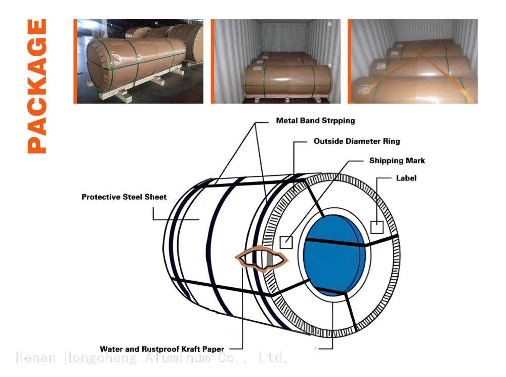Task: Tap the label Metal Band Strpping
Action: coord(315,121)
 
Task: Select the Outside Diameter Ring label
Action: coord(357,141)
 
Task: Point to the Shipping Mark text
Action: coord(397,161)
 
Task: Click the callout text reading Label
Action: coord(406,178)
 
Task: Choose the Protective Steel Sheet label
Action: coord(124,197)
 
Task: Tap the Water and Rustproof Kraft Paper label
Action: coord(162,349)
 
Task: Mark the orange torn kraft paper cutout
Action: coord(261,258)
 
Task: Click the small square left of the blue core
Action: coord(286,242)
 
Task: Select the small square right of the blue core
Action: coord(377,227)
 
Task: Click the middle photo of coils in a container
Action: coord(276,61)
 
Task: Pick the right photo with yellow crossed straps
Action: coord(413,61)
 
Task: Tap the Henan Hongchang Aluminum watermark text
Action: coord(152,358)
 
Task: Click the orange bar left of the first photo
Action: coord(75,61)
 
